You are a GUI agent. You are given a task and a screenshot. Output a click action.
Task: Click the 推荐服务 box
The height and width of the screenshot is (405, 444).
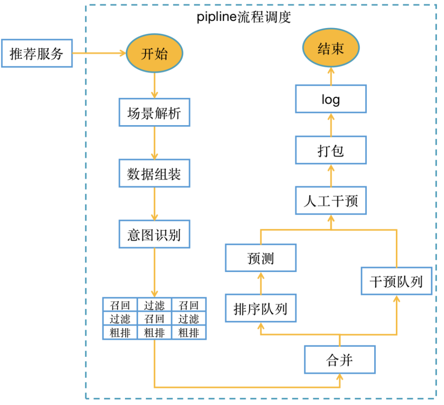[37, 53]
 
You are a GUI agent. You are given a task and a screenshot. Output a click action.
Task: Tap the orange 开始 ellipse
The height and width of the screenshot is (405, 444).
[154, 53]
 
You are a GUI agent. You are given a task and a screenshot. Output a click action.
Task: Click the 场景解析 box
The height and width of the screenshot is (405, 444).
[154, 112]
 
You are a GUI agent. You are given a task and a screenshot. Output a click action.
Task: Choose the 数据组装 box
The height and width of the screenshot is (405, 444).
[154, 173]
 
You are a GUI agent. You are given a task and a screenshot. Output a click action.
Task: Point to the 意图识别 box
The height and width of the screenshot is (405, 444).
[154, 234]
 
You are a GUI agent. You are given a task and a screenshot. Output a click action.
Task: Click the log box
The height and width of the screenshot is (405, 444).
[331, 99]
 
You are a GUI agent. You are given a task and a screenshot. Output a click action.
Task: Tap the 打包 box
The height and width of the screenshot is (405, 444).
[331, 150]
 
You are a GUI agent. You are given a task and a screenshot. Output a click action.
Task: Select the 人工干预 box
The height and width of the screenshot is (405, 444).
[331, 200]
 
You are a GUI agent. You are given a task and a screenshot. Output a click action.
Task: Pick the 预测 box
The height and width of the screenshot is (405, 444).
[261, 258]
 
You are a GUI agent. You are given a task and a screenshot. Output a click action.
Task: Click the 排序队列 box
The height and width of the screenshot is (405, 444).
[261, 308]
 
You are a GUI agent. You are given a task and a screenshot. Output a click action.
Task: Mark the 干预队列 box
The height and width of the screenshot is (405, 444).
[396, 281]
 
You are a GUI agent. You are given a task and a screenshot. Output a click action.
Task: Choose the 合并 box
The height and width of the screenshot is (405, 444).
[340, 360]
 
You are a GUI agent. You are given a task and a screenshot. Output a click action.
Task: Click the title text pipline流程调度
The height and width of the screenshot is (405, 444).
[244, 17]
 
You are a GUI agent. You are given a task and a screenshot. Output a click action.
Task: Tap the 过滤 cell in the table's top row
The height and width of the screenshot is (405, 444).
[154, 305]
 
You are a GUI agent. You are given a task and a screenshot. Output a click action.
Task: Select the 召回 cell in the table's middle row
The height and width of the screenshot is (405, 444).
[154, 319]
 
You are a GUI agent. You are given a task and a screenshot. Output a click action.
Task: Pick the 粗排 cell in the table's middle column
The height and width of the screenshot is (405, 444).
[154, 333]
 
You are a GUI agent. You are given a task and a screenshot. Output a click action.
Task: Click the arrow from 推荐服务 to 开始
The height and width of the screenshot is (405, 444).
[99, 53]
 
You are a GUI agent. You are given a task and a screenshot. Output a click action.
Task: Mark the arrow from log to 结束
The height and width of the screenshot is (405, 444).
[331, 77]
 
